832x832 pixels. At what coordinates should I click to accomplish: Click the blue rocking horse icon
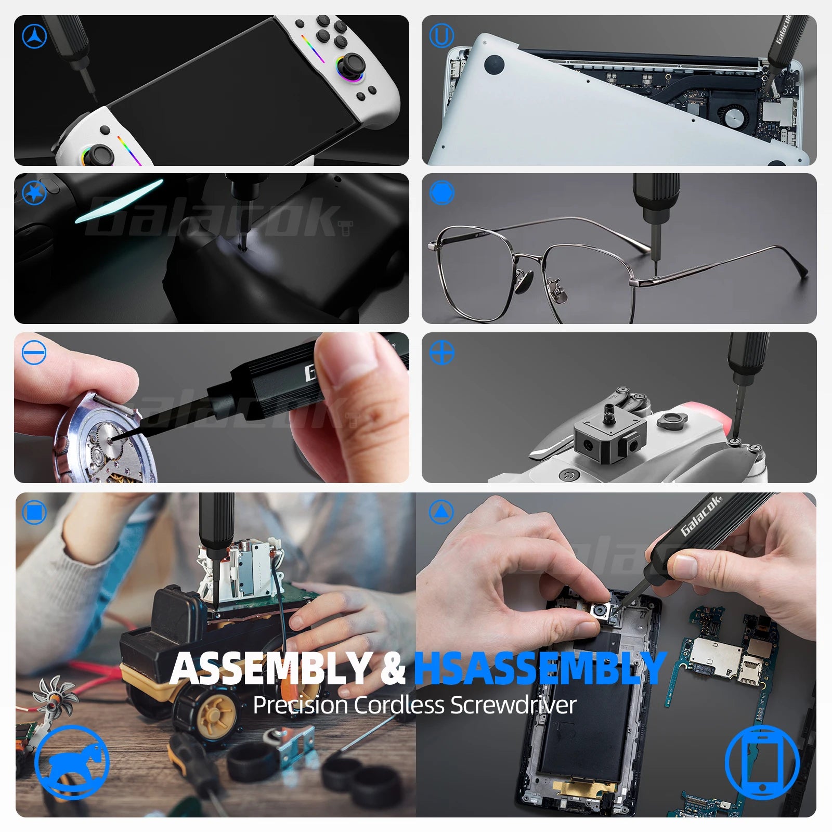[72, 762]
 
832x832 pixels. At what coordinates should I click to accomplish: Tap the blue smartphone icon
[762, 762]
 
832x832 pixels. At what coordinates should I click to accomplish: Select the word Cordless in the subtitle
[400, 706]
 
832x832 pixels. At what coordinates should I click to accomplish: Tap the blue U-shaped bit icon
[441, 36]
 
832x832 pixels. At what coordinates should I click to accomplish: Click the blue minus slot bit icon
[34, 353]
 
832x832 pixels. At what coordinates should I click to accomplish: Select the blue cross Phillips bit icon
[441, 353]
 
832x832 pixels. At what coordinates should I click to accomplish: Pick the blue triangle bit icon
[441, 512]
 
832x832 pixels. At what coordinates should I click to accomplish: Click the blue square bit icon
[34, 512]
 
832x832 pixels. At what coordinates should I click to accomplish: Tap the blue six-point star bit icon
[34, 193]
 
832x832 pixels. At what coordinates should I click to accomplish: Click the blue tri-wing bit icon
[34, 36]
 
